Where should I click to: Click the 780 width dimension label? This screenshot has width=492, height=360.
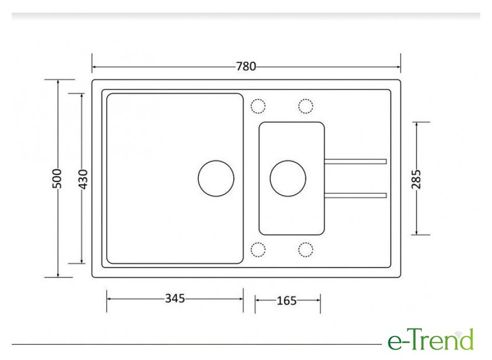(246, 67)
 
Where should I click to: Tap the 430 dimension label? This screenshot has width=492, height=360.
(83, 179)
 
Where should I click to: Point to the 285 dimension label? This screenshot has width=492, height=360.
(416, 179)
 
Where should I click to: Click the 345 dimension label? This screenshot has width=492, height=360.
(175, 298)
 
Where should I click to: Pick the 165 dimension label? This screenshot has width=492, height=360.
(286, 300)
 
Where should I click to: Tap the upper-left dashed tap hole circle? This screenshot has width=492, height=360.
(258, 106)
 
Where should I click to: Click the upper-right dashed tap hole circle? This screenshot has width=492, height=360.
(306, 106)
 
